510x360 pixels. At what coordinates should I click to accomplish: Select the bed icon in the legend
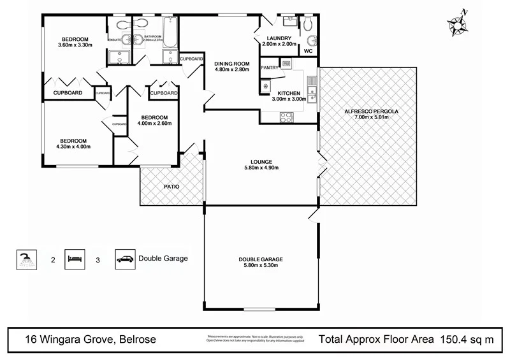click(75, 259)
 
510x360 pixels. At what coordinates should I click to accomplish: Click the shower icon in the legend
click(26, 259)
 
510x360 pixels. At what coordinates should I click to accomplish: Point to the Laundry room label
click(280, 38)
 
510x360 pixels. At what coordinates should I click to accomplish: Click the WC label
click(308, 50)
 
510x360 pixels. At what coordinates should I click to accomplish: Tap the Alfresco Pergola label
click(370, 111)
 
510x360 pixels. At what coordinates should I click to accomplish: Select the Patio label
click(171, 187)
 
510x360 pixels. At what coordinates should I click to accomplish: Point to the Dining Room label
click(231, 63)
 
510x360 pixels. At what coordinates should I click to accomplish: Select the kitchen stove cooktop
click(287, 117)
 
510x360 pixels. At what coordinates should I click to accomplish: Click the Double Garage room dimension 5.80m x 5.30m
click(260, 266)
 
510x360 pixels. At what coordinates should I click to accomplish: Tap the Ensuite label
click(115, 40)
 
